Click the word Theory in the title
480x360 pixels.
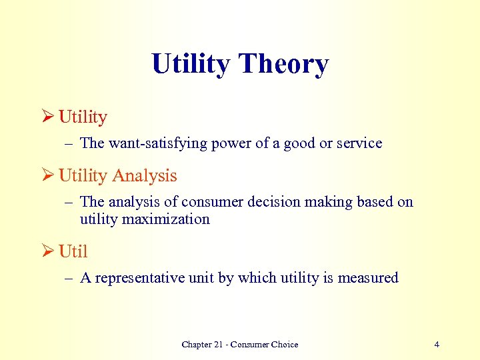pos(283,65)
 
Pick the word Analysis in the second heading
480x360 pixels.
pos(145,176)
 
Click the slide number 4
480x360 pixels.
pos(437,345)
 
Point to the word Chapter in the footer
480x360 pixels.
pos(197,345)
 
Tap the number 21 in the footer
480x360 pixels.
pos(221,345)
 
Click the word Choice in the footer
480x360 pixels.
pos(285,345)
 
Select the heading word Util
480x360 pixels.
pos(73,252)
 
